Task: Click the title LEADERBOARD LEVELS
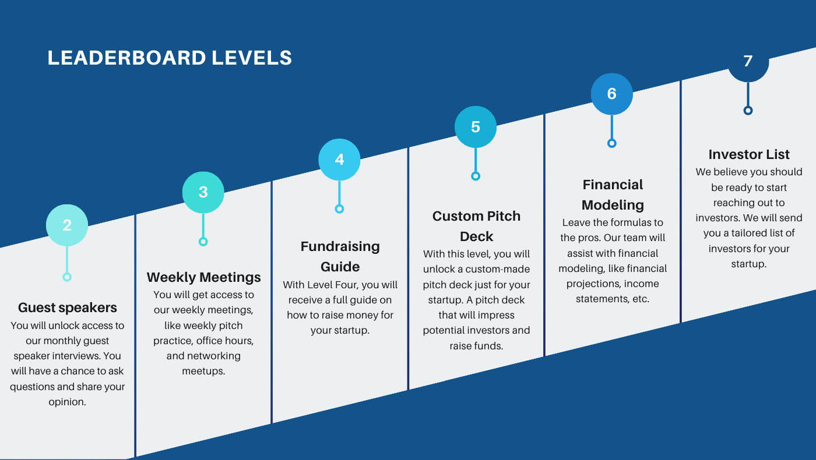(170, 58)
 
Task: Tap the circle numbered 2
(67, 225)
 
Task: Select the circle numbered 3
(203, 192)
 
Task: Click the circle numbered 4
(339, 160)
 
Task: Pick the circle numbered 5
(476, 127)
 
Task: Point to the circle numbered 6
(611, 94)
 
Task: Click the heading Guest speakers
(68, 307)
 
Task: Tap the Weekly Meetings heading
(203, 277)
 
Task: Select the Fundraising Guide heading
(340, 256)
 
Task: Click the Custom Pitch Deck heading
(476, 226)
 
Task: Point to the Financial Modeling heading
(613, 194)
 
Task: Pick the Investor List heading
(749, 154)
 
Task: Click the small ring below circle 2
(67, 277)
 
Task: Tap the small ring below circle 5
(476, 176)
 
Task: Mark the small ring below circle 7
(748, 111)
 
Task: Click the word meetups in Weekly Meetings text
(203, 371)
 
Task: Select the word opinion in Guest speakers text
(67, 402)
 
